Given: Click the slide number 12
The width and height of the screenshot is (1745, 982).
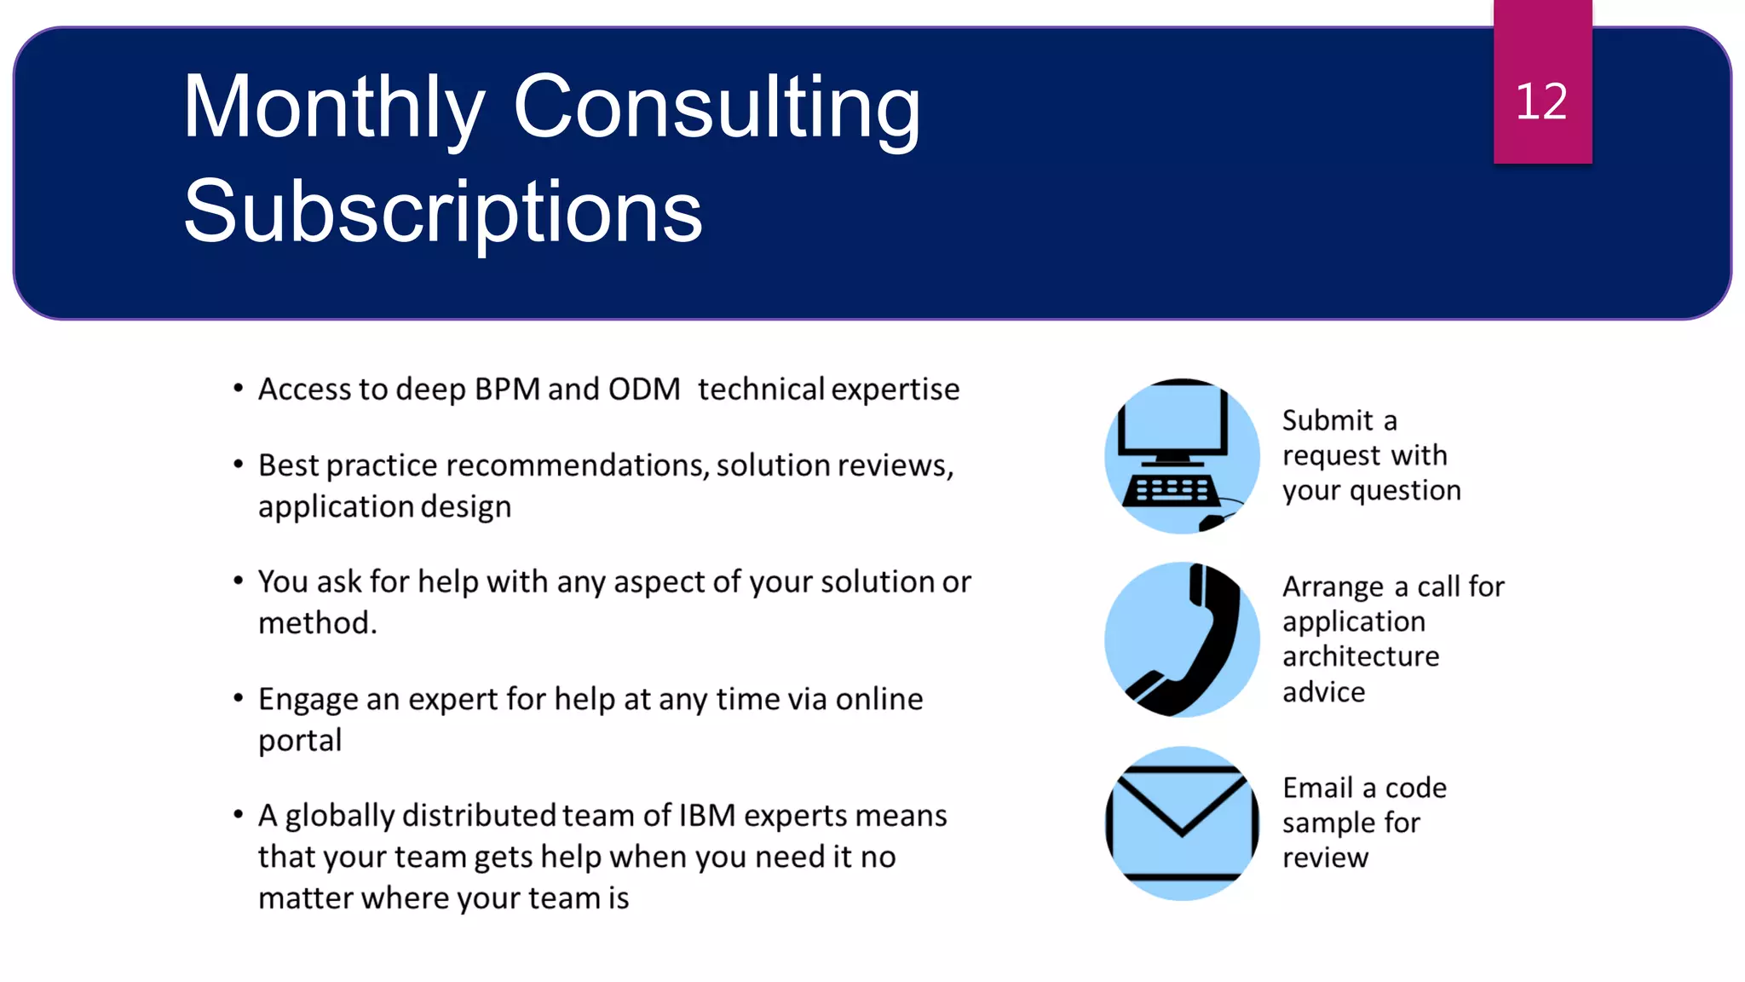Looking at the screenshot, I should point(1541,101).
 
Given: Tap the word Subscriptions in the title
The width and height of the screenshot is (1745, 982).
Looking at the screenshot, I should point(442,211).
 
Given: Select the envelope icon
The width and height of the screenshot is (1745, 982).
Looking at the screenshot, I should point(1182,823).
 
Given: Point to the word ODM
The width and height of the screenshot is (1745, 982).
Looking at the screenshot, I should point(643,390).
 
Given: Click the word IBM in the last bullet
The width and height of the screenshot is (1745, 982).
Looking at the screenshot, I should point(706,816).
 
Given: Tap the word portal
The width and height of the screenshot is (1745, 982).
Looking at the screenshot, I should point(300,740).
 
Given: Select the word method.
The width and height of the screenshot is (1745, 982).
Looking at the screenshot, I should point(316,623).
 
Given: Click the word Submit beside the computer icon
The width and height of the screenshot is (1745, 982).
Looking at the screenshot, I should point(1327,420).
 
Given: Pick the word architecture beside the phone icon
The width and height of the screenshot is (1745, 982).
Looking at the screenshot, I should point(1361,656).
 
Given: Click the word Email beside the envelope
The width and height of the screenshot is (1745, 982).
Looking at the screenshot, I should point(1318,788).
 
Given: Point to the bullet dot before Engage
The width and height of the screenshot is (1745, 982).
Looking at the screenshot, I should point(239,699).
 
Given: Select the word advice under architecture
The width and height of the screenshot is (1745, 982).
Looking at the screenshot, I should point(1323,692).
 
